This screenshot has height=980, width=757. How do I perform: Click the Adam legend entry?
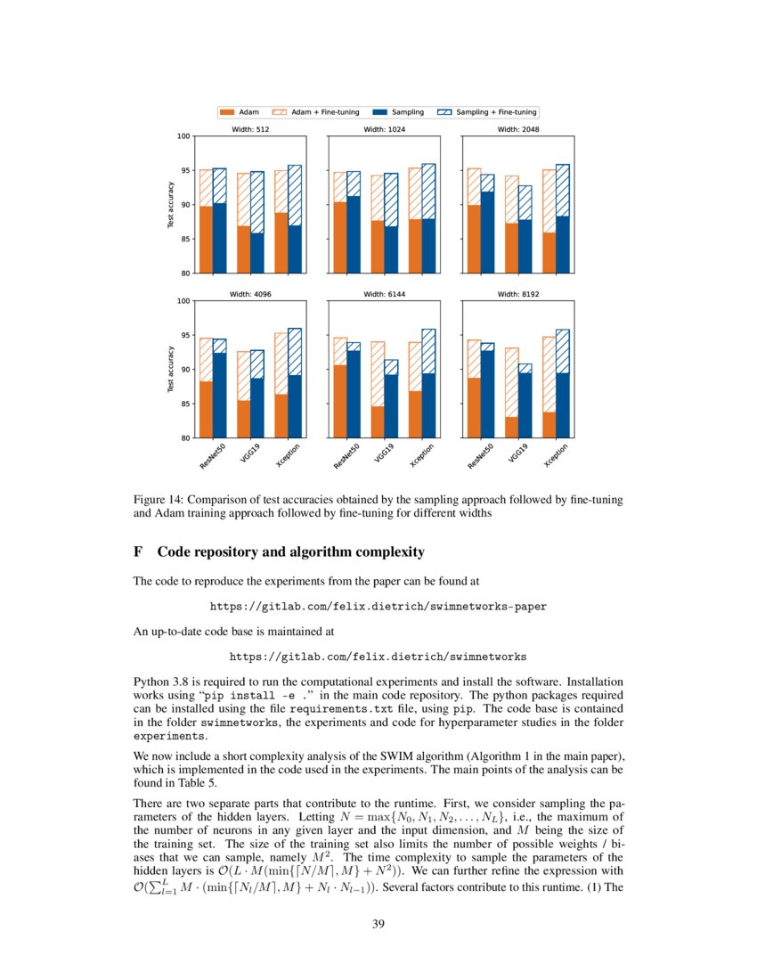240,112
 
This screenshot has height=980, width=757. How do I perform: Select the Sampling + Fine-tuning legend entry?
488,112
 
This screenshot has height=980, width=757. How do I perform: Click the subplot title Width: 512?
250,129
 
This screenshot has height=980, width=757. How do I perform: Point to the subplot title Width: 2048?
518,129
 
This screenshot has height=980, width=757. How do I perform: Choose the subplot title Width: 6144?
385,294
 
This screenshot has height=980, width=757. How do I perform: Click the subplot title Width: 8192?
518,294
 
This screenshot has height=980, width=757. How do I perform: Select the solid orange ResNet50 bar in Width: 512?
206,239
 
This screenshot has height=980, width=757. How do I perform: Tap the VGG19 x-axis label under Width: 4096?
248,454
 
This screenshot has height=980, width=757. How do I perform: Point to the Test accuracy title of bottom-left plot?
170,370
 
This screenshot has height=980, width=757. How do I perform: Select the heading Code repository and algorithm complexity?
290,552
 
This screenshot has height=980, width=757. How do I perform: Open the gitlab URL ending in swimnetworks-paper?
378,606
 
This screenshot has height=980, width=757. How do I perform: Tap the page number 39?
378,923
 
